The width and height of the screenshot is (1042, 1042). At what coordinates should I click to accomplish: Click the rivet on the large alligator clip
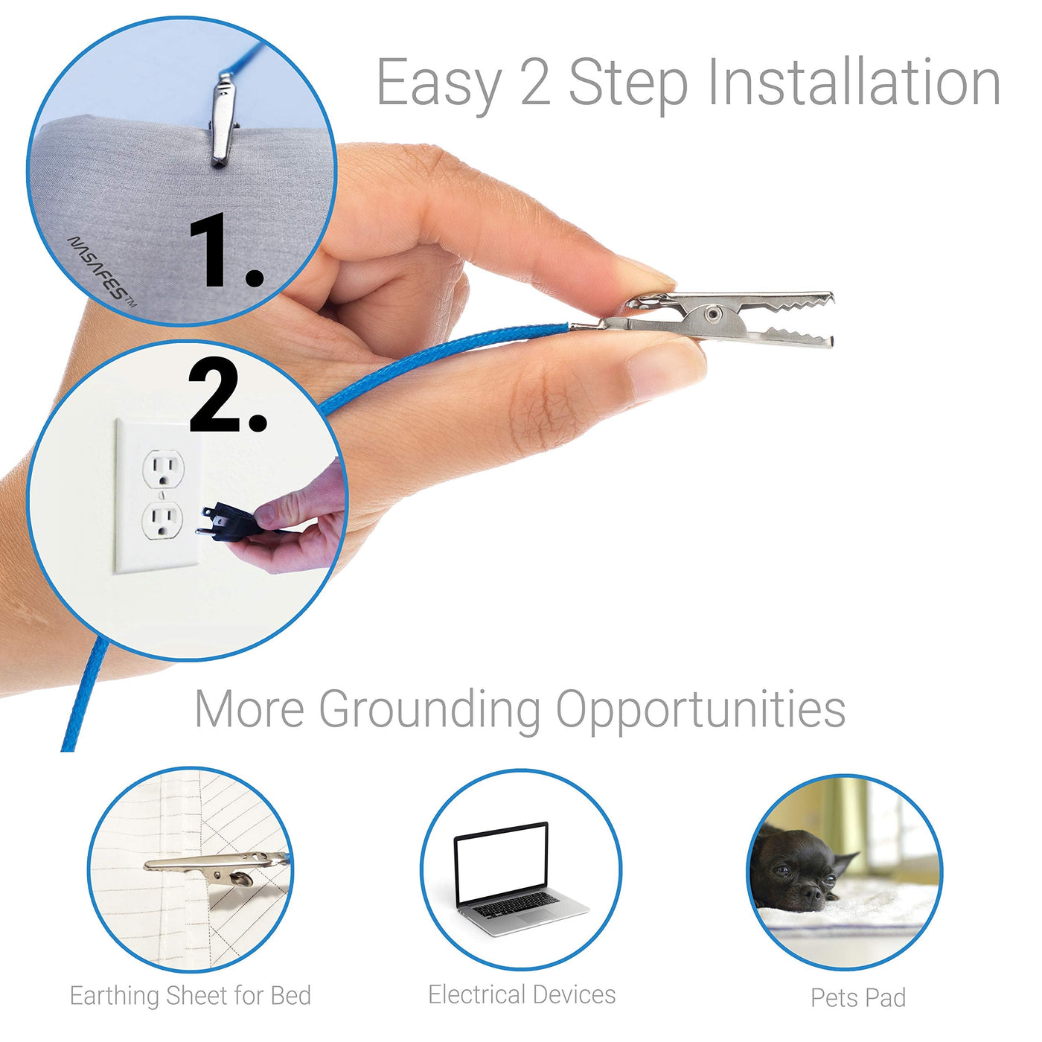[715, 313]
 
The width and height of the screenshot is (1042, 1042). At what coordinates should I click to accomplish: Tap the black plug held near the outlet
[227, 522]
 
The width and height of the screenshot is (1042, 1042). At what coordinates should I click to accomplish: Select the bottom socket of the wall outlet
[162, 520]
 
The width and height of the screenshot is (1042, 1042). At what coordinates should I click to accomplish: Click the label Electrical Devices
[522, 994]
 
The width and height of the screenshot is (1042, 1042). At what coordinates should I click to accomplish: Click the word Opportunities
[700, 711]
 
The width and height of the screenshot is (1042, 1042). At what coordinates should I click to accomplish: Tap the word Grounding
[429, 711]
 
